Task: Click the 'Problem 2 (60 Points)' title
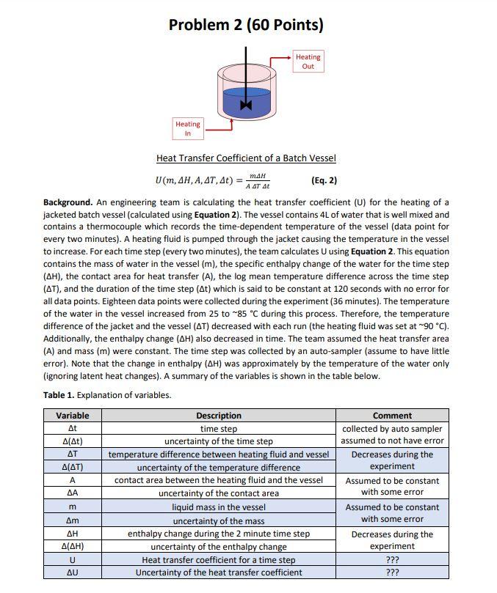point(246,25)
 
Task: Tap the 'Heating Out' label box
point(308,62)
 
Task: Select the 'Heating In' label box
point(187,129)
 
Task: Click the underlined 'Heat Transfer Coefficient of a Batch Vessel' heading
point(246,158)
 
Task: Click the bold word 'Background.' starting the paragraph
point(68,202)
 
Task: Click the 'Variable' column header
point(72,416)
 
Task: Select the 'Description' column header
point(219,416)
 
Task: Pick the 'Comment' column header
point(392,416)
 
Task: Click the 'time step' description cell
point(219,429)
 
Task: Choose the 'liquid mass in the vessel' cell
point(219,507)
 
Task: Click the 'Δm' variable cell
point(72,520)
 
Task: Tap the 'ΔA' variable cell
point(72,493)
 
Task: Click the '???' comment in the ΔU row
point(392,572)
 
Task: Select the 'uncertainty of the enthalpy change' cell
point(219,546)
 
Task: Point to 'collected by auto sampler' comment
point(392,429)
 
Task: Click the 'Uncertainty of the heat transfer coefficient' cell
point(219,572)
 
